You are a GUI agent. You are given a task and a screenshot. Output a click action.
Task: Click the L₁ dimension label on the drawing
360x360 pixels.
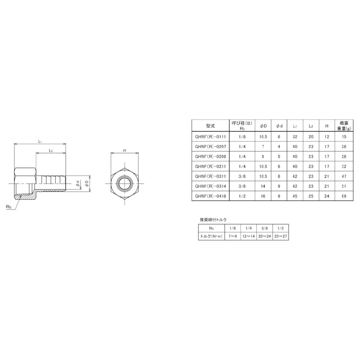(40, 141)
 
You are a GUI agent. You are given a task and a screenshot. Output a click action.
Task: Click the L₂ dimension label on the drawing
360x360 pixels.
(51, 151)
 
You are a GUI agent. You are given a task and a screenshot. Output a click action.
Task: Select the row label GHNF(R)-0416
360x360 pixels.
(211, 196)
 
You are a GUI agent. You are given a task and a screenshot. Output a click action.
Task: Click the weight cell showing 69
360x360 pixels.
(344, 196)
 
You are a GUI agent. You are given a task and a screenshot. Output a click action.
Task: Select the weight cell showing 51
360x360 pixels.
(344, 186)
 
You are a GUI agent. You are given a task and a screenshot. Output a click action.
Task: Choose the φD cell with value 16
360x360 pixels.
(263, 196)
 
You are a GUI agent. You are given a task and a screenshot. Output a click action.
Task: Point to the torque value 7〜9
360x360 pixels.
(232, 236)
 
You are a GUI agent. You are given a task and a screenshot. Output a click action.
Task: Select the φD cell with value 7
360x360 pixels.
(263, 146)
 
